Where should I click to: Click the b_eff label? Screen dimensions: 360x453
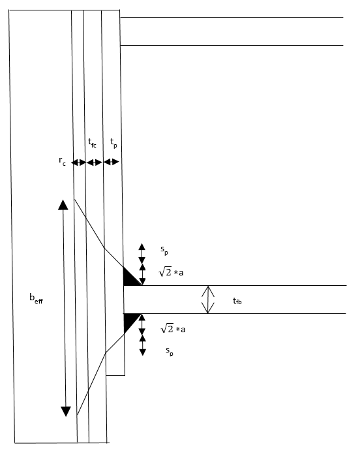[x=36, y=298]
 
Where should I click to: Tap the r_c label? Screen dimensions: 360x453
[x=62, y=161]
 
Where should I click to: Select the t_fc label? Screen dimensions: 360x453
[x=92, y=143]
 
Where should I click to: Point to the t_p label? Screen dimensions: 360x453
[x=113, y=143]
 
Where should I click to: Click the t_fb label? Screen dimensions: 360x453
[x=237, y=301]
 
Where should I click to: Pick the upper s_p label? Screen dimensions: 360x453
[x=164, y=250]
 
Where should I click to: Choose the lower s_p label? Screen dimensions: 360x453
[x=170, y=351]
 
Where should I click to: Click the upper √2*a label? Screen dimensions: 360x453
[x=171, y=272]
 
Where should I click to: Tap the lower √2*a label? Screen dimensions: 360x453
[x=173, y=328]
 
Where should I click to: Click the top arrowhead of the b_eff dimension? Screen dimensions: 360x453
[x=63, y=204]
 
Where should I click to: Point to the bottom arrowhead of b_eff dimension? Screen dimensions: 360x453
[x=66, y=411]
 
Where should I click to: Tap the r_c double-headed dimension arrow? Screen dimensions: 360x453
[x=78, y=163]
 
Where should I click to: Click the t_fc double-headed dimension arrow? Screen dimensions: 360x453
[x=95, y=163]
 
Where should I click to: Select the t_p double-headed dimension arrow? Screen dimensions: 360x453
[x=111, y=162]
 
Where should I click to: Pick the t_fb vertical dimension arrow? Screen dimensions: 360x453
[x=208, y=300]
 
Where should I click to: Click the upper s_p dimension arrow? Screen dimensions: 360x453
[x=142, y=254]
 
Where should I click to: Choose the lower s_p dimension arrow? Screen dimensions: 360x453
[x=143, y=345]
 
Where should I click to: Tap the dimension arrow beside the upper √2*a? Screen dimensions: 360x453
[x=142, y=274]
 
